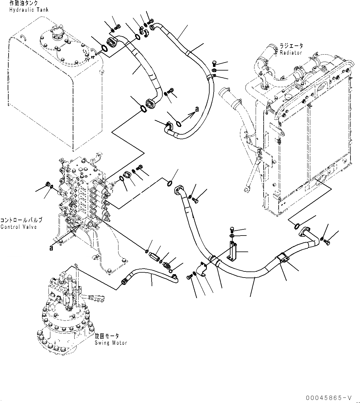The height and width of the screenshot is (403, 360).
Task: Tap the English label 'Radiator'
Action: coord(291,52)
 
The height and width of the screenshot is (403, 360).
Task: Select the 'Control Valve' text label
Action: coord(18,227)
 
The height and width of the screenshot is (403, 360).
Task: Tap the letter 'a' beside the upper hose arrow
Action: coord(197,109)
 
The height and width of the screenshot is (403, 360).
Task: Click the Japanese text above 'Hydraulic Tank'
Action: coord(24,3)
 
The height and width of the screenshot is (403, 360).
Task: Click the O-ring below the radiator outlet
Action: coord(297,226)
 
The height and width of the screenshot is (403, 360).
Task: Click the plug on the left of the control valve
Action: coord(47,184)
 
